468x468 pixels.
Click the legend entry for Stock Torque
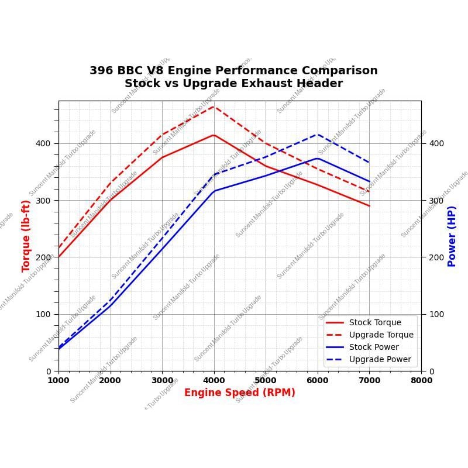tap(375, 322)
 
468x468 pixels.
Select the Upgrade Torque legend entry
tap(381, 335)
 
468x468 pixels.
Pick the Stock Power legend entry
tap(374, 347)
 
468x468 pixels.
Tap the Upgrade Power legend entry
tap(380, 359)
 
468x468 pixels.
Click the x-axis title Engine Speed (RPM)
tap(240, 393)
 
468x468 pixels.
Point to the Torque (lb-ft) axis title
tap(26, 236)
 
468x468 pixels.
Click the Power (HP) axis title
tap(452, 236)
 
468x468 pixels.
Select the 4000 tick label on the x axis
tap(214, 380)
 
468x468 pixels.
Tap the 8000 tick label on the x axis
tap(421, 380)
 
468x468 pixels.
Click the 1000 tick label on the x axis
tap(58, 380)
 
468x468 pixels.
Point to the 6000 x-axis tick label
tap(318, 380)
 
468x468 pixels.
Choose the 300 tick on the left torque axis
tap(43, 200)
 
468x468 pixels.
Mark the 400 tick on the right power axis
tap(436, 143)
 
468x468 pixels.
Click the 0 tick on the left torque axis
tap(49, 371)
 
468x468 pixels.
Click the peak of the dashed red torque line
tap(214, 106)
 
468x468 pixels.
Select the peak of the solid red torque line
tap(214, 135)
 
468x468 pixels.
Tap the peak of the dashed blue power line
tap(318, 135)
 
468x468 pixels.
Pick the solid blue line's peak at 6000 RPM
tap(318, 158)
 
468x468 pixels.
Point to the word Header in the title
tap(318, 84)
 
